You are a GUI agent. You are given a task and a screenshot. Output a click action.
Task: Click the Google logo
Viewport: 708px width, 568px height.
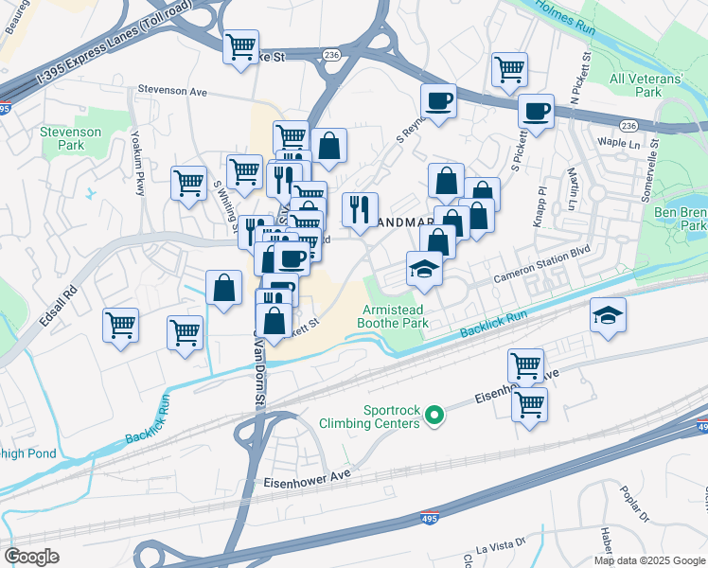(31, 557)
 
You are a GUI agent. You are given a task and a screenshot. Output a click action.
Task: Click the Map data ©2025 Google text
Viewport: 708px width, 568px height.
(650, 559)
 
